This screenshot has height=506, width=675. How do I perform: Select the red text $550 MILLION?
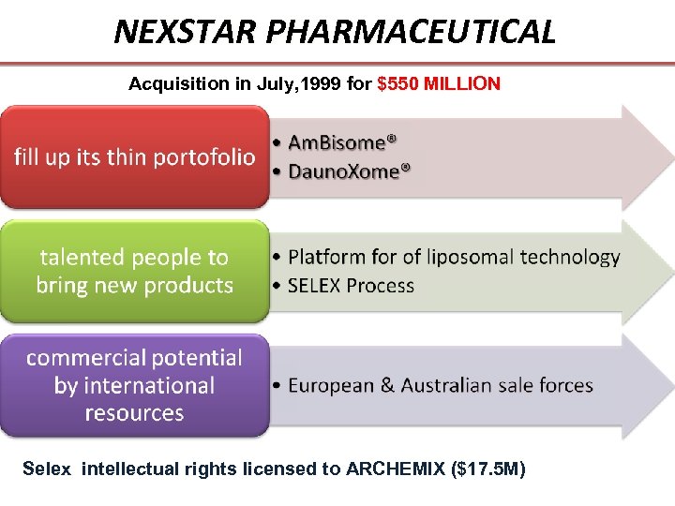(x=439, y=84)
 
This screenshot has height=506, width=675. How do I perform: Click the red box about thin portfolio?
(x=135, y=156)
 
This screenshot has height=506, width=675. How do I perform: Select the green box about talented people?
(x=135, y=271)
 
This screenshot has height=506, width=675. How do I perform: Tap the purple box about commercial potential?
(x=135, y=385)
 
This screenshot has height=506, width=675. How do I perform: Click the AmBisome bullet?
(x=342, y=143)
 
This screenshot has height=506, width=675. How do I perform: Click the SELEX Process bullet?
(x=351, y=286)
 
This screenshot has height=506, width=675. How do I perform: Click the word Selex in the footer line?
(x=46, y=469)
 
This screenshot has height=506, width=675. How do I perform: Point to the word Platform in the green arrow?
(x=323, y=257)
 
